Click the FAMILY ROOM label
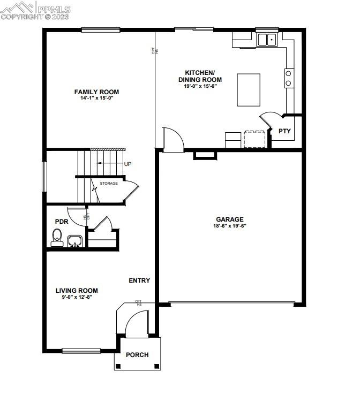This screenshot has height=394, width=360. tap(96, 92)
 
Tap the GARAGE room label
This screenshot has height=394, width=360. tap(230, 219)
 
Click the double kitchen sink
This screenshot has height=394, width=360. tap(266, 39)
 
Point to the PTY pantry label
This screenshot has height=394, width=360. tap(284, 131)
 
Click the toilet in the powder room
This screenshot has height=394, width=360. tap(57, 237)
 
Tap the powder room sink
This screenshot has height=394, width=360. tap(74, 241)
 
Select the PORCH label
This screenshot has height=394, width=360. tap(137, 355)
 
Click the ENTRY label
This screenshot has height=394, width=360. tap(139, 281)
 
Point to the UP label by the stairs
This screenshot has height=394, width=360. tap(127, 164)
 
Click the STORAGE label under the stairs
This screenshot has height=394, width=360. tap(109, 184)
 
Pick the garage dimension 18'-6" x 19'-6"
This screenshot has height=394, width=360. tap(230, 226)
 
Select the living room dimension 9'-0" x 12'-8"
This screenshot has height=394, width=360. tap(77, 297)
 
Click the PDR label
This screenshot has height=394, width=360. tap(61, 221)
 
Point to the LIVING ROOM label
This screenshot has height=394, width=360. tap(77, 291)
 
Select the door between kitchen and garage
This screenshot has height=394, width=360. tap(172, 140)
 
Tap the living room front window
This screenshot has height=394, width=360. tap(81, 351)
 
